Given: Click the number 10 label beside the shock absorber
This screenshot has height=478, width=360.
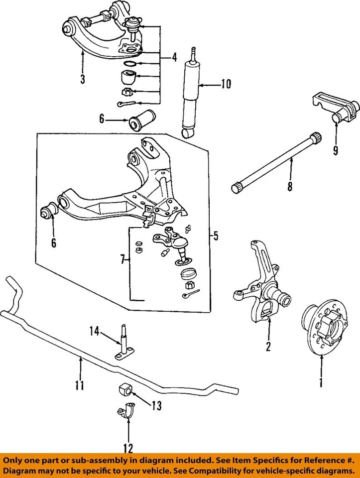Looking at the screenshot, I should (x=226, y=85).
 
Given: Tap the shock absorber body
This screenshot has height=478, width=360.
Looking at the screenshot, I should (x=191, y=95).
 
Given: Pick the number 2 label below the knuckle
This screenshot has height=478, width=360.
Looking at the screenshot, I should (x=268, y=347).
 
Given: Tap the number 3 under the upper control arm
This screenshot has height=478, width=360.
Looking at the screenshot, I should (x=83, y=79).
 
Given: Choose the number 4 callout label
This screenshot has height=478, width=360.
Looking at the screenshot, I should (x=174, y=57).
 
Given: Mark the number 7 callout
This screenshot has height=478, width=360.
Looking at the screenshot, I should (x=123, y=258).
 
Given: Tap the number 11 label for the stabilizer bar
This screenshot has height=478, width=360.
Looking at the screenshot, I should (x=79, y=385).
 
